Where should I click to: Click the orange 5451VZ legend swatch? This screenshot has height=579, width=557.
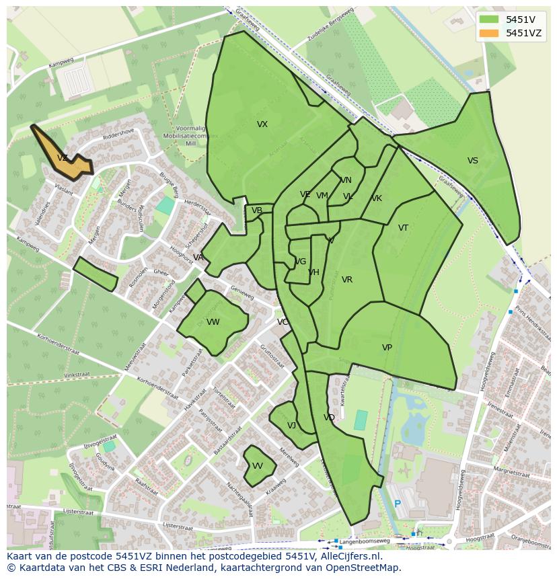coord(490,33)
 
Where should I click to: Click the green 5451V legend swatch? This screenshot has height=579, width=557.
coord(490,20)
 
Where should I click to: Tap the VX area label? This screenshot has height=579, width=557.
coord(262,124)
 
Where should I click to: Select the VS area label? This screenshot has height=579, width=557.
coord(473,161)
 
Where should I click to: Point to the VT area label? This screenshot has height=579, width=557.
coord(403,228)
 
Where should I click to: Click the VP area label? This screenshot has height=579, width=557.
coord(387,348)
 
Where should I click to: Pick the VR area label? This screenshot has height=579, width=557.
coord(347,280)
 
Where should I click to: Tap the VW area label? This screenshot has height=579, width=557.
coord(213,322)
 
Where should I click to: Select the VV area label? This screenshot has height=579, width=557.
coord(258,466)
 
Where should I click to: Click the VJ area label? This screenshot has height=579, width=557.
coord(291,426)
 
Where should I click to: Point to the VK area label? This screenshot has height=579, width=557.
coord(377,198)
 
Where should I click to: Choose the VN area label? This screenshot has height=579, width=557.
coord(346,180)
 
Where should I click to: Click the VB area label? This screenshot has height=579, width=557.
coord(257,210)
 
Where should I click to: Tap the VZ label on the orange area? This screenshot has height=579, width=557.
coord(63,158)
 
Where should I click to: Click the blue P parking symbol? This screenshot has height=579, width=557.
coord(398,504)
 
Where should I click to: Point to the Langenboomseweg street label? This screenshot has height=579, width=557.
coord(366,541)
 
